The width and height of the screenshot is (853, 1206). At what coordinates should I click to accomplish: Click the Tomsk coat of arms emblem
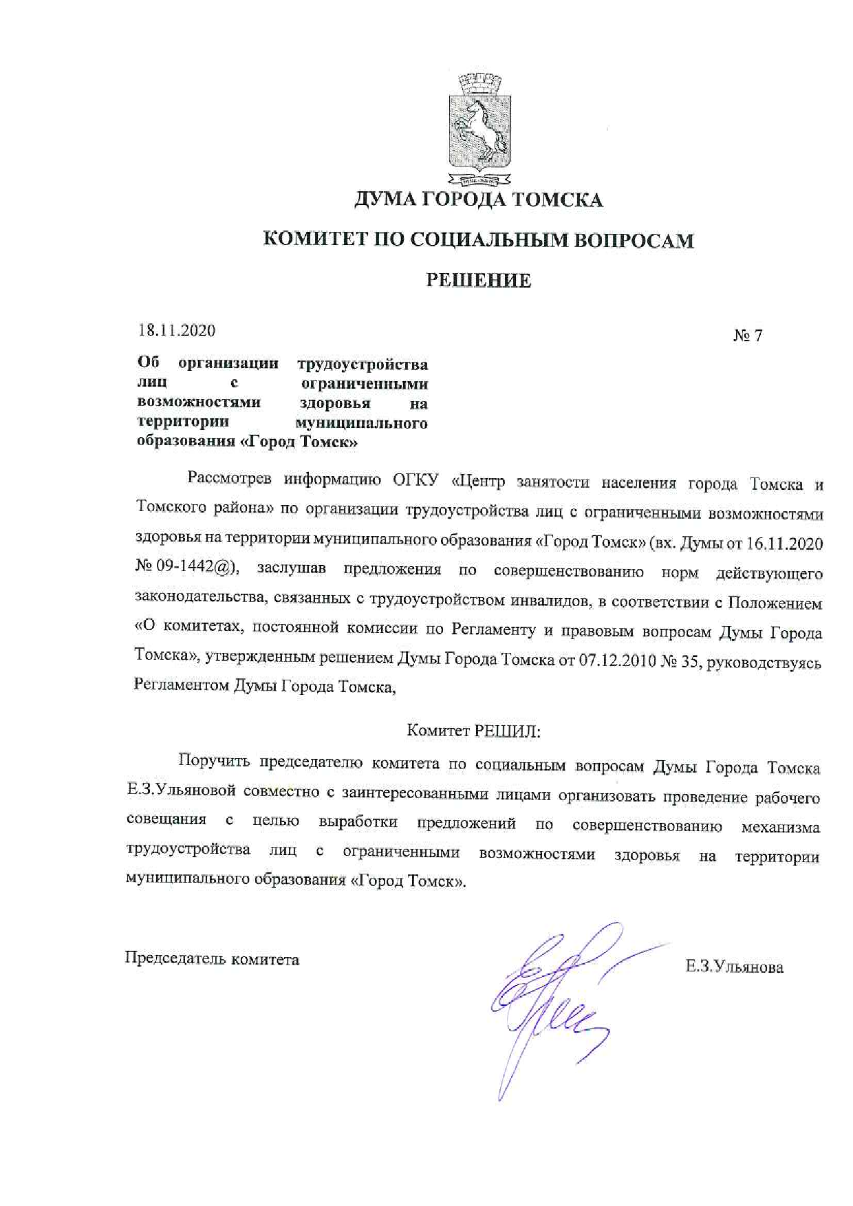tap(479, 131)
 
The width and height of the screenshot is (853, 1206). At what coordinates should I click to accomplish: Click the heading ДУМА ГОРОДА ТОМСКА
tap(479, 200)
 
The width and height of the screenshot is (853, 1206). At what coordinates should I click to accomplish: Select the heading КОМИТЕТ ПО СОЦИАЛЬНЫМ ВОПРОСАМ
tap(479, 240)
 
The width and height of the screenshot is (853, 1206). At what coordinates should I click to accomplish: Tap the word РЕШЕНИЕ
tap(479, 281)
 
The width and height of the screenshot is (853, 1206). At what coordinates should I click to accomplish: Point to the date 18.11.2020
tap(177, 331)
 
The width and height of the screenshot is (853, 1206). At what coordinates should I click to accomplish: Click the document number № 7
tap(748, 336)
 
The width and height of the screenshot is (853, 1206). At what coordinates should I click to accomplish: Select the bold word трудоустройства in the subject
tap(363, 364)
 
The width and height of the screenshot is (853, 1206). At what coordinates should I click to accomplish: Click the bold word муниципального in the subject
tap(361, 423)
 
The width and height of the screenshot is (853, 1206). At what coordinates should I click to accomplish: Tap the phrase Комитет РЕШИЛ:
tap(473, 731)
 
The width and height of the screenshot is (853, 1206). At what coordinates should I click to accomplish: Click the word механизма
tap(780, 828)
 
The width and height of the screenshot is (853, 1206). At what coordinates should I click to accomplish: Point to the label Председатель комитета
tap(212, 959)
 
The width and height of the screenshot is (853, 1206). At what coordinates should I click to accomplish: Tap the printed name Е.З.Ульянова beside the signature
tap(734, 967)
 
